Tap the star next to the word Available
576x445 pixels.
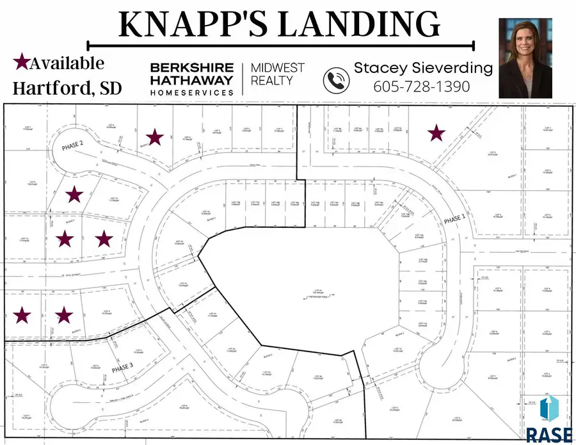point(21,62)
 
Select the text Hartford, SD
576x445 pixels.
point(67,88)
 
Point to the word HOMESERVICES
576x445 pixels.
point(192,93)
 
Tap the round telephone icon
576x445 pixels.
point(337,81)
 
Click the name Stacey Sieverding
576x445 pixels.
point(424,68)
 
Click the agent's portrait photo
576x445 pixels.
point(525,57)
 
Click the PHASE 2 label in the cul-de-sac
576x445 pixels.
point(73,146)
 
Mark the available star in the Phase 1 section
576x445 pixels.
point(436,133)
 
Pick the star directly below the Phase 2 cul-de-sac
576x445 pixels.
point(75,194)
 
